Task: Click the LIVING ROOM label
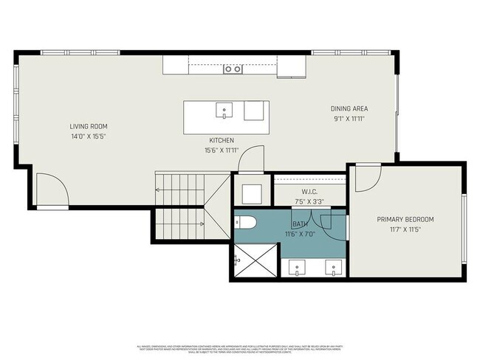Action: pyautogui.click(x=89, y=126)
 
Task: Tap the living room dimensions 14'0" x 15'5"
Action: pyautogui.click(x=89, y=136)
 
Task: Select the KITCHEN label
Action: pyautogui.click(x=222, y=140)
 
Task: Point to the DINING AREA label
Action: pyautogui.click(x=349, y=108)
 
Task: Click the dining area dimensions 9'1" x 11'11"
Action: pyautogui.click(x=349, y=118)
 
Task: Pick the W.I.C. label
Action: pyautogui.click(x=289, y=192)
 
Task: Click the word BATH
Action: pyautogui.click(x=301, y=224)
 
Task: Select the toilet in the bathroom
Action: pyautogui.click(x=246, y=221)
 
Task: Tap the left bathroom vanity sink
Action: pyautogui.click(x=297, y=269)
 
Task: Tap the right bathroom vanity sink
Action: pyautogui.click(x=335, y=269)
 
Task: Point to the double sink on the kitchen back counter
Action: pyautogui.click(x=233, y=69)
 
